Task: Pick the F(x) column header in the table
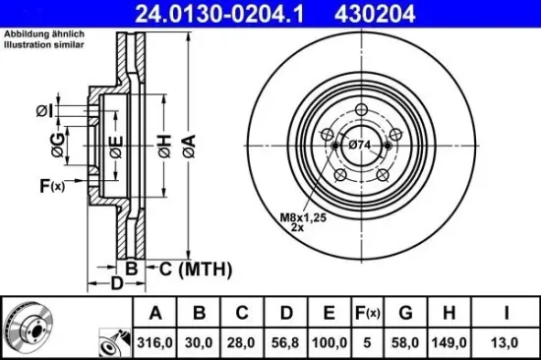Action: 366,314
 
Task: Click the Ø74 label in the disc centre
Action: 360,146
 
